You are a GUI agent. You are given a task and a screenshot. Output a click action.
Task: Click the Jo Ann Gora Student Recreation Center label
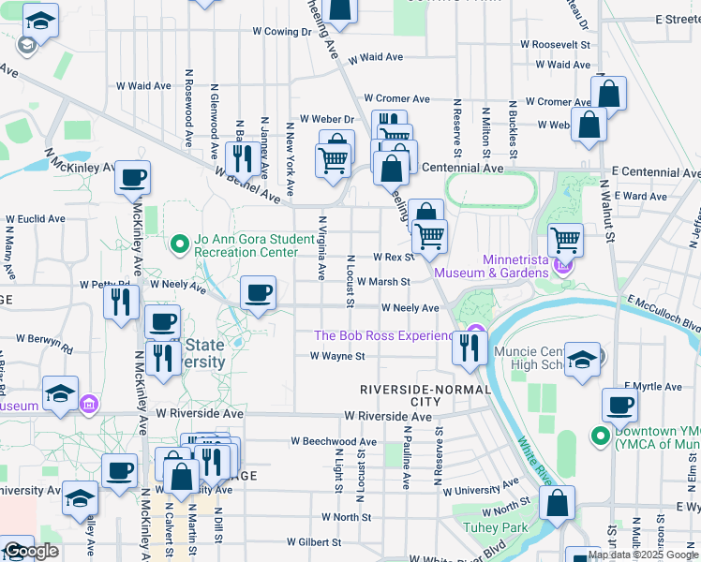click(x=254, y=245)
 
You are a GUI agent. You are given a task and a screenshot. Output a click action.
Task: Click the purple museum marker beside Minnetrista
click(x=562, y=267)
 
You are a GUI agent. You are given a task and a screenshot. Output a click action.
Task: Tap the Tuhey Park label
click(x=495, y=527)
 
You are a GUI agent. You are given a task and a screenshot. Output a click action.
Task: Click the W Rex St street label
click(x=393, y=257)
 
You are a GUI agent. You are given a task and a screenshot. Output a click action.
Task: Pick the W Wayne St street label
click(x=337, y=356)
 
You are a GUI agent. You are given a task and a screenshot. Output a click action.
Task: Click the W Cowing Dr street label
click(x=282, y=31)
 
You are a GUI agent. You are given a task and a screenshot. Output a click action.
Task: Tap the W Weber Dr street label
click(x=326, y=119)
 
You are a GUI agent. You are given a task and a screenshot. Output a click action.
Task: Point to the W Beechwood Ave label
click(x=334, y=440)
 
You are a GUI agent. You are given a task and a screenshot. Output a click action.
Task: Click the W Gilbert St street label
click(x=314, y=541)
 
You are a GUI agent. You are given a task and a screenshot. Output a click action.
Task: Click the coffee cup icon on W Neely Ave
click(x=258, y=293)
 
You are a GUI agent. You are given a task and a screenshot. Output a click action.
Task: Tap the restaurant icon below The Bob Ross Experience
click(x=468, y=348)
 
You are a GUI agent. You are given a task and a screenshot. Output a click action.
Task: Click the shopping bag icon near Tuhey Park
click(x=558, y=502)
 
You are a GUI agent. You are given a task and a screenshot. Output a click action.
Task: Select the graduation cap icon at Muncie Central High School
click(x=581, y=362)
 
